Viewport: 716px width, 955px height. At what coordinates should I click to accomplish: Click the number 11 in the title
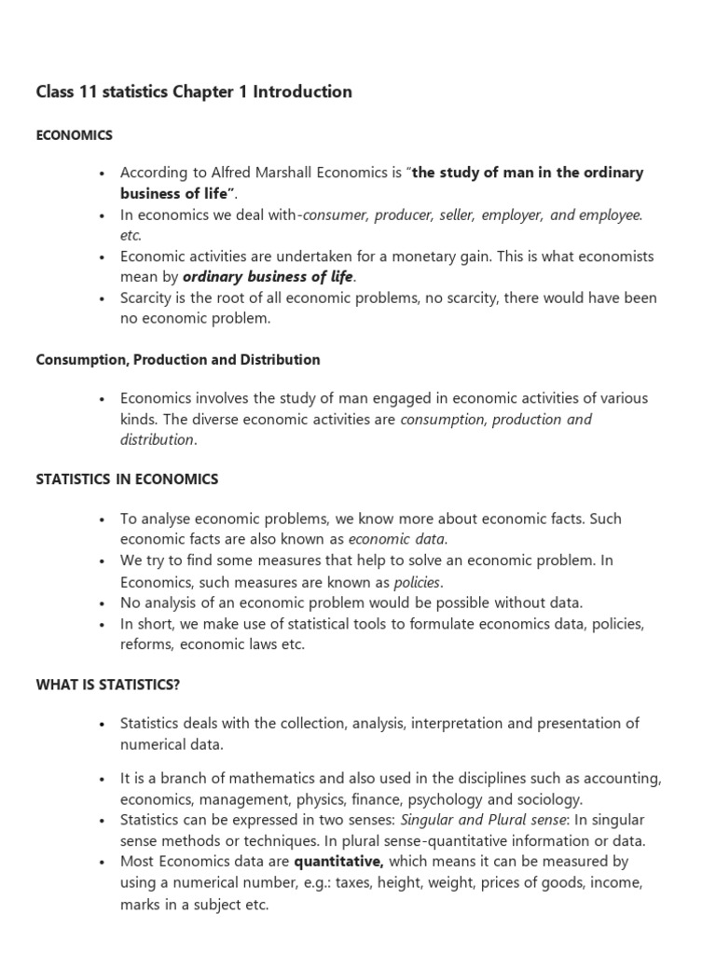click(x=88, y=91)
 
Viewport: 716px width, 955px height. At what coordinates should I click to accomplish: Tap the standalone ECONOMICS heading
click(x=74, y=135)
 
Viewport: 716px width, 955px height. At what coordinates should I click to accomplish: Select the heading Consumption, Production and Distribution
click(x=177, y=360)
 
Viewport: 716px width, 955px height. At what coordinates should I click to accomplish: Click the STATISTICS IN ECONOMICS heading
click(x=127, y=479)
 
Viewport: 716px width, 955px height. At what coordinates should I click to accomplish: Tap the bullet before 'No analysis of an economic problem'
click(x=100, y=602)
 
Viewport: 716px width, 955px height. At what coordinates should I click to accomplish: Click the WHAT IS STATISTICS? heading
click(x=108, y=685)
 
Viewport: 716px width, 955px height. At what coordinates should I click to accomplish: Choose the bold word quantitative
click(x=339, y=862)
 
